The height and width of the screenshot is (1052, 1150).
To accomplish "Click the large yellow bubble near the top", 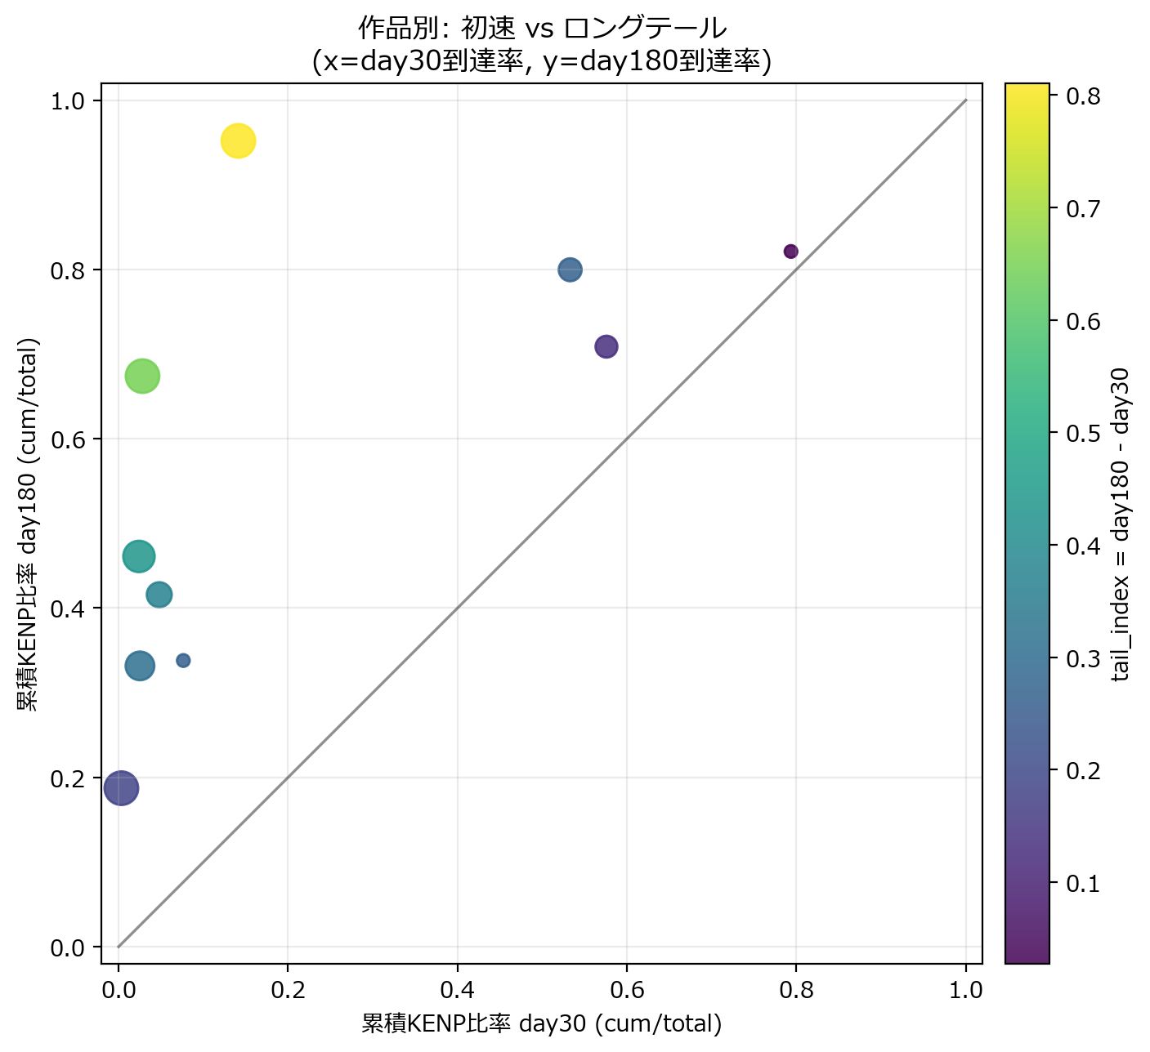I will (238, 141).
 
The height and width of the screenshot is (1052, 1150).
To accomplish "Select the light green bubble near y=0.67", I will (142, 377).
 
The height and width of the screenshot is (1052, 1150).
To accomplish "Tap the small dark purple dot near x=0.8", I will (790, 252).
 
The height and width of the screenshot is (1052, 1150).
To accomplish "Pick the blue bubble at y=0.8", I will (571, 270).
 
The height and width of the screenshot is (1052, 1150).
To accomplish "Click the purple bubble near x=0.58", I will (606, 346).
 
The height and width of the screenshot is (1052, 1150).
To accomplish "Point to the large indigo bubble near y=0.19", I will (122, 788).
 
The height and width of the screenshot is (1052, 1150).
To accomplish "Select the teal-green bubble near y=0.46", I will (139, 556).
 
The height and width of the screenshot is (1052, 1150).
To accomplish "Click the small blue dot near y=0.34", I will (183, 661).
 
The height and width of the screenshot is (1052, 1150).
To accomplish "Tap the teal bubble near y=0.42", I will (159, 595).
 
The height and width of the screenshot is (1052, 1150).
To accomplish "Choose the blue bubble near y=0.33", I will (140, 666).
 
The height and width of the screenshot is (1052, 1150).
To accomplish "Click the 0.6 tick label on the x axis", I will (627, 991).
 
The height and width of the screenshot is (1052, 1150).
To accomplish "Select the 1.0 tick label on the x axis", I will (966, 991).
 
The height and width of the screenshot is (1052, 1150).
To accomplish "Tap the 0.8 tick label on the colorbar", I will (1084, 96).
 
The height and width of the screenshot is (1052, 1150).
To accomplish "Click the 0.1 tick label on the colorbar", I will (1084, 883).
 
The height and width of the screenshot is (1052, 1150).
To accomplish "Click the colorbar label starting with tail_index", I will (1121, 524).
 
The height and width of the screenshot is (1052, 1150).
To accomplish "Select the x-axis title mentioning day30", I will (542, 1023).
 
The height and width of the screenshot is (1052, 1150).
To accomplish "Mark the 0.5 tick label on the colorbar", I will (1084, 433).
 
